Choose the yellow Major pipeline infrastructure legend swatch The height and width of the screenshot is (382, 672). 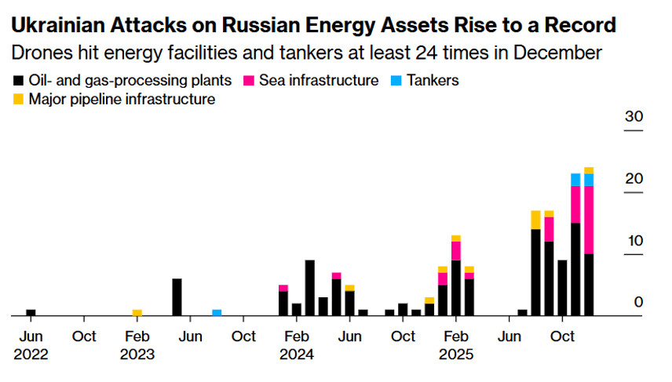coord(18,100)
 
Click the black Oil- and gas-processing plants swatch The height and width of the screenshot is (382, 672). coord(18,81)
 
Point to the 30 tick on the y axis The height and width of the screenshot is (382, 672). coord(634,117)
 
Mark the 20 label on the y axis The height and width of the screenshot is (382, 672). coord(634,179)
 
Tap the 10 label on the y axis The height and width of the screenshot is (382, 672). coord(634,241)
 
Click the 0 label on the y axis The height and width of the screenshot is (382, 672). coord(638,303)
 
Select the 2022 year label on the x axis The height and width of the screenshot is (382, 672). coord(31,354)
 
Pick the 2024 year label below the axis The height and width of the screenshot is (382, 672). coord(296,354)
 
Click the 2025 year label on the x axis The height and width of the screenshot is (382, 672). coord(455,354)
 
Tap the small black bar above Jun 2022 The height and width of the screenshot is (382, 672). coord(31,313)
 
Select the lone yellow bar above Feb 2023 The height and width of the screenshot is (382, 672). coord(137,313)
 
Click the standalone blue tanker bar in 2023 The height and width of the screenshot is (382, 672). coord(217,313)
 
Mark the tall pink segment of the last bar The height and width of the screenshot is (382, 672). coord(589,220)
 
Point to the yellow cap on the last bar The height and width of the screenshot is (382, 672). coord(589,170)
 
